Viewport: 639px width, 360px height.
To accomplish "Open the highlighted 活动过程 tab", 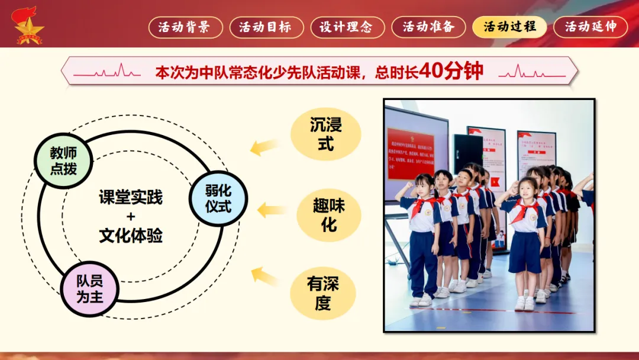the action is click(509, 27).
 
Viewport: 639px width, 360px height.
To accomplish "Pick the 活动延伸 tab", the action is click(590, 27).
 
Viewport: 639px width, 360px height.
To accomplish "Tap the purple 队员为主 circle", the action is click(90, 288).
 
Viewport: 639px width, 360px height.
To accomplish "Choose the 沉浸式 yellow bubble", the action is click(326, 134).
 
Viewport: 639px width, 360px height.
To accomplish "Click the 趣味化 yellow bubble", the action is click(328, 214).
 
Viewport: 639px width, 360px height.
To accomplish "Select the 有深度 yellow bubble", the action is click(323, 293).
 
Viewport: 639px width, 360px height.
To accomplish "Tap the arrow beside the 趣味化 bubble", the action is click(273, 209).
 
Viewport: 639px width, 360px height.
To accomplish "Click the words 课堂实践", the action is click(131, 197).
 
